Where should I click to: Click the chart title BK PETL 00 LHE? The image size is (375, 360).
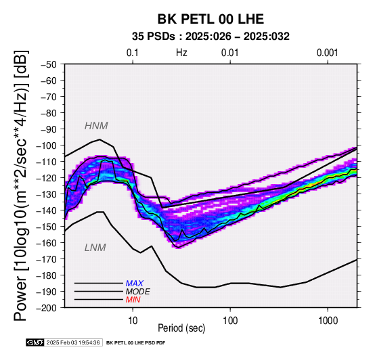pyautogui.click(x=211, y=19)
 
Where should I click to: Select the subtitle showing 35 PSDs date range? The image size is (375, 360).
pyautogui.click(x=211, y=37)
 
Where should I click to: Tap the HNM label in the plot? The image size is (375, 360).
pyautogui.click(x=96, y=126)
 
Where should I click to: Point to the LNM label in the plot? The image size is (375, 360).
pyautogui.click(x=95, y=248)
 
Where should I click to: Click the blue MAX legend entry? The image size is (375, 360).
pyautogui.click(x=135, y=284)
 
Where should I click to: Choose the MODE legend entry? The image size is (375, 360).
pyautogui.click(x=138, y=292)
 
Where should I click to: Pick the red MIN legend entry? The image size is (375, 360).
pyautogui.click(x=133, y=300)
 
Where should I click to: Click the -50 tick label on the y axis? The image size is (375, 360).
pyautogui.click(x=49, y=64)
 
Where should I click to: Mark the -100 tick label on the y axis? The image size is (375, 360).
pyautogui.click(x=47, y=145)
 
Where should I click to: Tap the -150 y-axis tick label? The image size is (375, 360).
pyautogui.click(x=47, y=227)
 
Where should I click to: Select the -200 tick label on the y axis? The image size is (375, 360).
pyautogui.click(x=47, y=308)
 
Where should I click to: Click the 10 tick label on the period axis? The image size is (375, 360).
pyautogui.click(x=133, y=321)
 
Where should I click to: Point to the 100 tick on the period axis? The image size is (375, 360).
pyautogui.click(x=230, y=321)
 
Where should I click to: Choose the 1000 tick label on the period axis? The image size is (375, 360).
pyautogui.click(x=328, y=321)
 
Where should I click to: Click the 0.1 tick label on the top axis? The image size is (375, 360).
pyautogui.click(x=133, y=53)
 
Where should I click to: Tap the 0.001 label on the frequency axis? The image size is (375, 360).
pyautogui.click(x=328, y=53)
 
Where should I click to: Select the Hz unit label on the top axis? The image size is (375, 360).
pyautogui.click(x=181, y=53)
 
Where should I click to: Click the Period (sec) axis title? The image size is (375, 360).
pyautogui.click(x=181, y=328)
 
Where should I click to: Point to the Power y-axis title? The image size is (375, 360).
pyautogui.click(x=20, y=185)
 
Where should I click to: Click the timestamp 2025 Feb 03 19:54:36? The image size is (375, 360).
pyautogui.click(x=73, y=342)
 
